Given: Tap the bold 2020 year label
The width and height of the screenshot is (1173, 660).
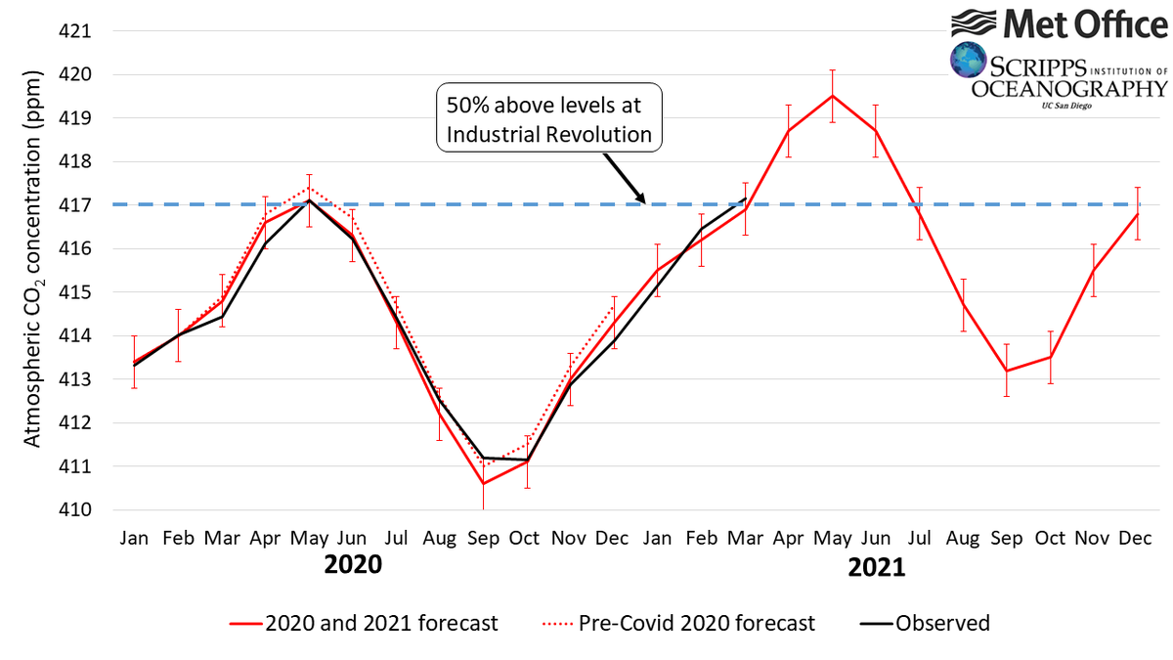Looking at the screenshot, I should point(353,565).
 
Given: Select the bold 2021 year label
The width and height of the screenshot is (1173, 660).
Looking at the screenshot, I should point(876,567).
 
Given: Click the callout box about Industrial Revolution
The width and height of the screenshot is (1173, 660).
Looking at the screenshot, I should point(548,119).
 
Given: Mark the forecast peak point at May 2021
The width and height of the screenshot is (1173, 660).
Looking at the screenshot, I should point(832,96).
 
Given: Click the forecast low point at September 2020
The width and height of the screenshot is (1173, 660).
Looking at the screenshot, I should point(483,483).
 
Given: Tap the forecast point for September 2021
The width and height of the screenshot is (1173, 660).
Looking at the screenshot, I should point(1007,371).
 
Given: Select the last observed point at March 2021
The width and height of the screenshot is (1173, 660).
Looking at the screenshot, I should point(746,198).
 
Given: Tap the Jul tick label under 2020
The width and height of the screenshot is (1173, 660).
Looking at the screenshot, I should point(396,539).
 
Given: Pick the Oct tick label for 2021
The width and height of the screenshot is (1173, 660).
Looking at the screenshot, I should point(1050,539).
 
